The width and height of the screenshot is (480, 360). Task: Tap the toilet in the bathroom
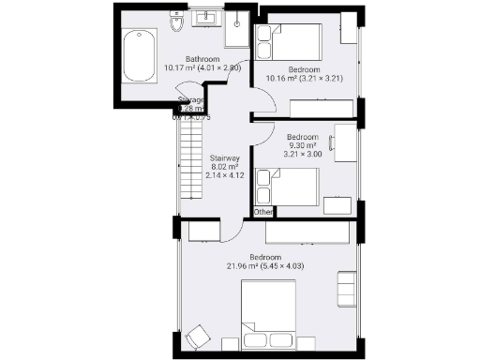pyautogui.click(x=175, y=22)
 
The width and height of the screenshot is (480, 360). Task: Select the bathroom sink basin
pyautogui.click(x=206, y=19)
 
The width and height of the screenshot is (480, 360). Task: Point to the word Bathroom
pyautogui.click(x=202, y=58)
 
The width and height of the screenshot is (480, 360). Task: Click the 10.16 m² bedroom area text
pyautogui.click(x=305, y=80)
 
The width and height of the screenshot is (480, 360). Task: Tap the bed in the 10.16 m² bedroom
pyautogui.click(x=291, y=42)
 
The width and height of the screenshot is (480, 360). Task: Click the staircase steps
pyautogui.click(x=189, y=169)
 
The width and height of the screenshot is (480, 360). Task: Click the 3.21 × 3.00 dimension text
pyautogui.click(x=304, y=154)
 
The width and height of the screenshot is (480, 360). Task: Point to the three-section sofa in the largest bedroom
pyautogui.click(x=346, y=286)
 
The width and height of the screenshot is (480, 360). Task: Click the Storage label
pyautogui.click(x=192, y=99)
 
